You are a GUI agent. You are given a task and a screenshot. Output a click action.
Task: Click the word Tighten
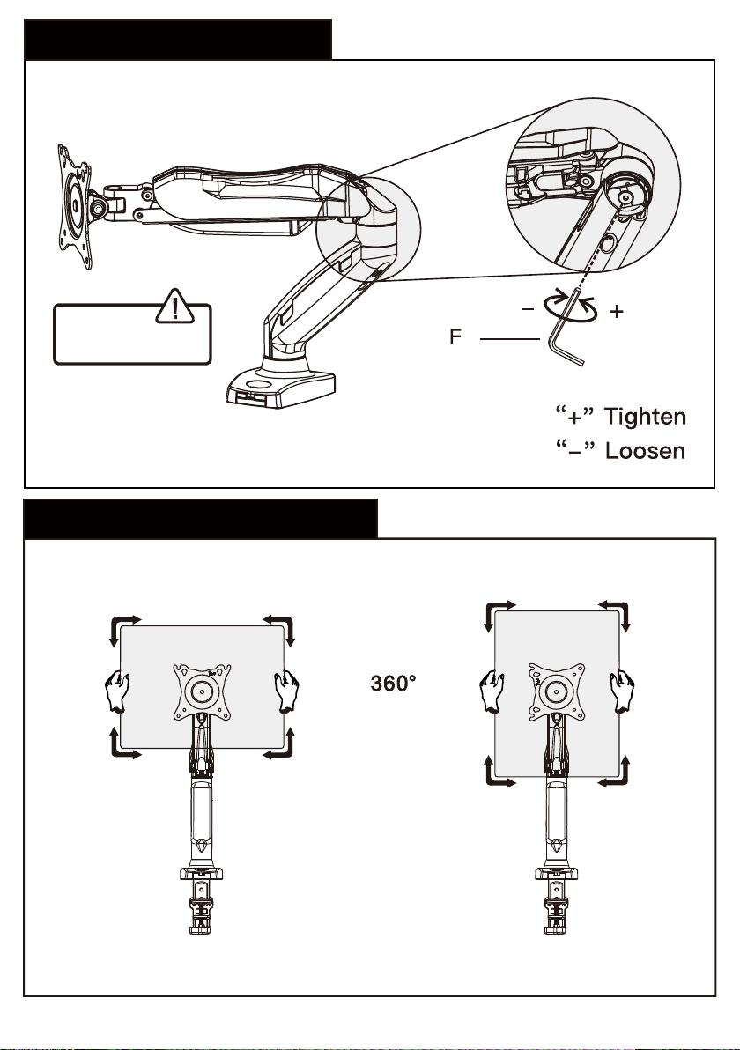pyautogui.click(x=645, y=417)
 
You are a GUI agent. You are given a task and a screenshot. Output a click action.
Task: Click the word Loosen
pyautogui.click(x=645, y=450)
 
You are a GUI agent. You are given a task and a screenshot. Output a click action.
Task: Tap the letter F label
pyautogui.click(x=455, y=336)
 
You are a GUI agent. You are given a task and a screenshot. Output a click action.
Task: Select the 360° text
pyautogui.click(x=393, y=683)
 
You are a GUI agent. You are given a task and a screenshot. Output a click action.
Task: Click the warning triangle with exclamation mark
pyautogui.click(x=174, y=307)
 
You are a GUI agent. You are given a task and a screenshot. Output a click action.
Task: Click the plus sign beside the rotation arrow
pyautogui.click(x=617, y=311)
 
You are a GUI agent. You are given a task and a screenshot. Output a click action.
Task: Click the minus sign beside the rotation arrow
pyautogui.click(x=528, y=309)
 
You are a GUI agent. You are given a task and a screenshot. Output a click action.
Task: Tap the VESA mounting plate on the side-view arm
pyautogui.click(x=75, y=206)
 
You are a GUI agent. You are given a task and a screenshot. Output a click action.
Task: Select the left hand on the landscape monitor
pyautogui.click(x=116, y=691)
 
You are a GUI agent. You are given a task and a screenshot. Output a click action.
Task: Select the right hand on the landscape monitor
pyautogui.click(x=286, y=691)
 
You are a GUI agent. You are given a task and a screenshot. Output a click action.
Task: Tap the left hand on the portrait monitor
pyautogui.click(x=492, y=691)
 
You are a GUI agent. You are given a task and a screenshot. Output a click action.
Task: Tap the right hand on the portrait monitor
pyautogui.click(x=622, y=691)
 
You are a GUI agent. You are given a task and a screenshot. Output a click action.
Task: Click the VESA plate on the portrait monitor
pyautogui.click(x=557, y=691)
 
